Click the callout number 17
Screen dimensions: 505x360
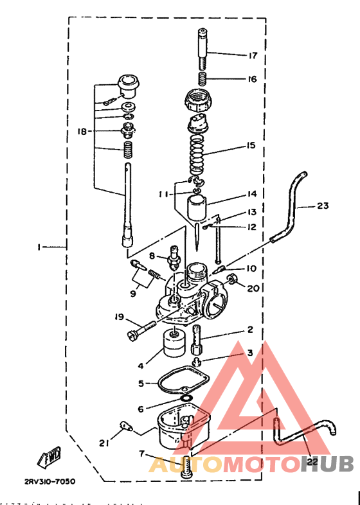pos(253,55)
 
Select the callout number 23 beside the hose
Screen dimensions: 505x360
pos(322,206)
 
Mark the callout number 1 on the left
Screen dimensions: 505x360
pos(39,247)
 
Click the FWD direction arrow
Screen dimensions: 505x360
pos(50,457)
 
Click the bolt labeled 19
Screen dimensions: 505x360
pos(143,330)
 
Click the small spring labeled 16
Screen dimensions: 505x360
pos(201,78)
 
